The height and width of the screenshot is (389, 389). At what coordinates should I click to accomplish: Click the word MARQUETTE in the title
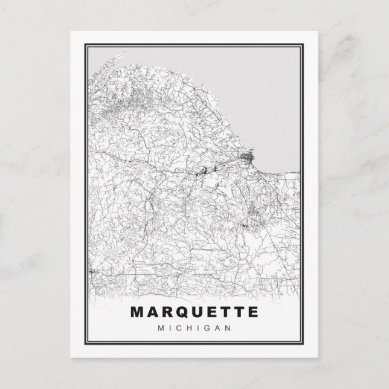pos(194,313)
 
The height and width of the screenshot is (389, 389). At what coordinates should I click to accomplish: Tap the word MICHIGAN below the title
pos(194,329)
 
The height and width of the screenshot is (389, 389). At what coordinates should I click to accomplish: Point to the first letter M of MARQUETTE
pos(137,313)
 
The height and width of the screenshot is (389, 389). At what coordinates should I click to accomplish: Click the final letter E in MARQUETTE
pos(252,313)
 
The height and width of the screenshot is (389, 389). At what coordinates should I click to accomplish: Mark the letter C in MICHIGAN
pos(180,329)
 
